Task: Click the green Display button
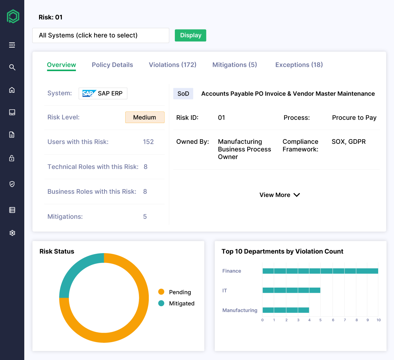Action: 190,36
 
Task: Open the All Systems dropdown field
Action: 101,36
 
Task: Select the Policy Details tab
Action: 112,65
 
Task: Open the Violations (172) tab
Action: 172,65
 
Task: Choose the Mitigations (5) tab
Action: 235,65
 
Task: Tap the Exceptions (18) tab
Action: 299,65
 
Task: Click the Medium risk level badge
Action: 145,117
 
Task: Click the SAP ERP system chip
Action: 103,94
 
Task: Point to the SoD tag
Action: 183,94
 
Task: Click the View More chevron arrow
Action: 297,195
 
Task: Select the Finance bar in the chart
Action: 320,271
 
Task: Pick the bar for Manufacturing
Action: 286,310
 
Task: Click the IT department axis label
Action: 225,291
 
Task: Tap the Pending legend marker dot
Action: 161,292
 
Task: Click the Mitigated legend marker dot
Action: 161,303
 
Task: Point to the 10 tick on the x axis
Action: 378,320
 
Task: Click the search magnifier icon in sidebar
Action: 12,67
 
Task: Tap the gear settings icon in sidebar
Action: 12,233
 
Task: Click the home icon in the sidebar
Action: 12,90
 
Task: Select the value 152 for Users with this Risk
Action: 148,142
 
